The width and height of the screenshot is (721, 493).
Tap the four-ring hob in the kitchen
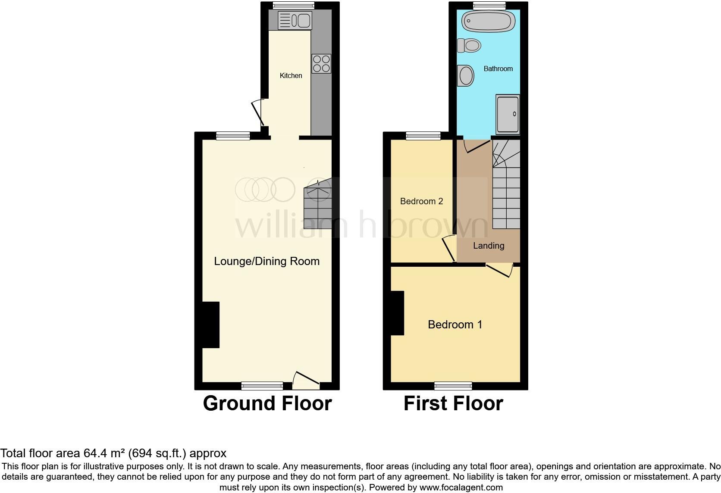pos(321,64)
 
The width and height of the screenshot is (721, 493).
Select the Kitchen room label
pos(291,76)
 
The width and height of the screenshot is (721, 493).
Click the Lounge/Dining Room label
pos(267,261)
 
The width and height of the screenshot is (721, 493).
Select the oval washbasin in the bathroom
pos(466,76)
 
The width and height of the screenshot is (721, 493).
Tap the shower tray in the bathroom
pos(508,114)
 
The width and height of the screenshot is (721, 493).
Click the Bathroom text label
pos(498,69)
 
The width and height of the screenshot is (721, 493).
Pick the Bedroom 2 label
pos(421,201)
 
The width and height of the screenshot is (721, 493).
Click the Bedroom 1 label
pos(455,325)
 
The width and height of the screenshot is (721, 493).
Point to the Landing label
pos(489,246)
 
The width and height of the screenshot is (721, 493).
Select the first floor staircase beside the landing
pos(506,190)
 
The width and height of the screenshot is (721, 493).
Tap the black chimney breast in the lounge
pos(211,325)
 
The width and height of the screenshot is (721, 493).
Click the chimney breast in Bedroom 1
pos(398,313)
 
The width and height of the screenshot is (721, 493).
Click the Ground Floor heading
pos(267,404)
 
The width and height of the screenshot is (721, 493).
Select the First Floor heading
pos(453,404)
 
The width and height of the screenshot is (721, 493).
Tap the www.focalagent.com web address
pos(461,488)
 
